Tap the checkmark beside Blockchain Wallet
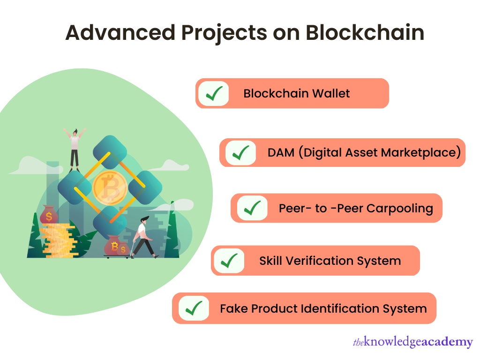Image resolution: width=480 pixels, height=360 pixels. click(214, 93)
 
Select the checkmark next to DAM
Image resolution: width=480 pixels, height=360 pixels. click(241, 153)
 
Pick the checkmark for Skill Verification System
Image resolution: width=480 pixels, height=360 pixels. click(229, 261)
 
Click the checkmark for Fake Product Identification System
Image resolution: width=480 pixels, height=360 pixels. click(194, 308)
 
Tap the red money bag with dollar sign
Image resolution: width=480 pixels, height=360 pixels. click(49, 216)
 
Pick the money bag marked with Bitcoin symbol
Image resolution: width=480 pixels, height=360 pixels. click(114, 245)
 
